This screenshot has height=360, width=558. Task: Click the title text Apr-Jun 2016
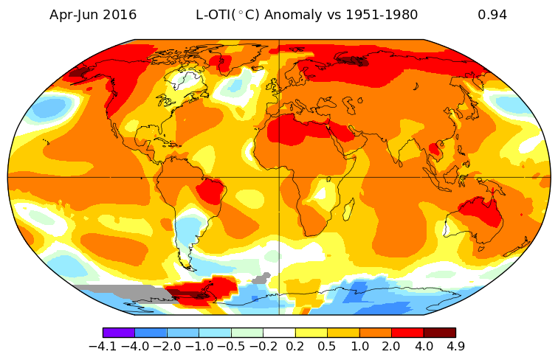tap(93, 15)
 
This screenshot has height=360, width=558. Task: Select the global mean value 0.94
tap(492, 15)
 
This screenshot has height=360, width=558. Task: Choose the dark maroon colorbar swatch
tap(439, 333)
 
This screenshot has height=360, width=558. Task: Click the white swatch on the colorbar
tap(279, 333)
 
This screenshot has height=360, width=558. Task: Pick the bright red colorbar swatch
tap(407, 333)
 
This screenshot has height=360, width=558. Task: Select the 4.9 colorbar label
tap(455, 345)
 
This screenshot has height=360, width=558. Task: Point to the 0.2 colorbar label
tap(295, 345)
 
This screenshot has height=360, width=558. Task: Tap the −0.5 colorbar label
tap(231, 345)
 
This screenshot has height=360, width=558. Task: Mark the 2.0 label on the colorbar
tap(391, 345)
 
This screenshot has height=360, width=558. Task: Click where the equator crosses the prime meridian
tap(279, 177)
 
